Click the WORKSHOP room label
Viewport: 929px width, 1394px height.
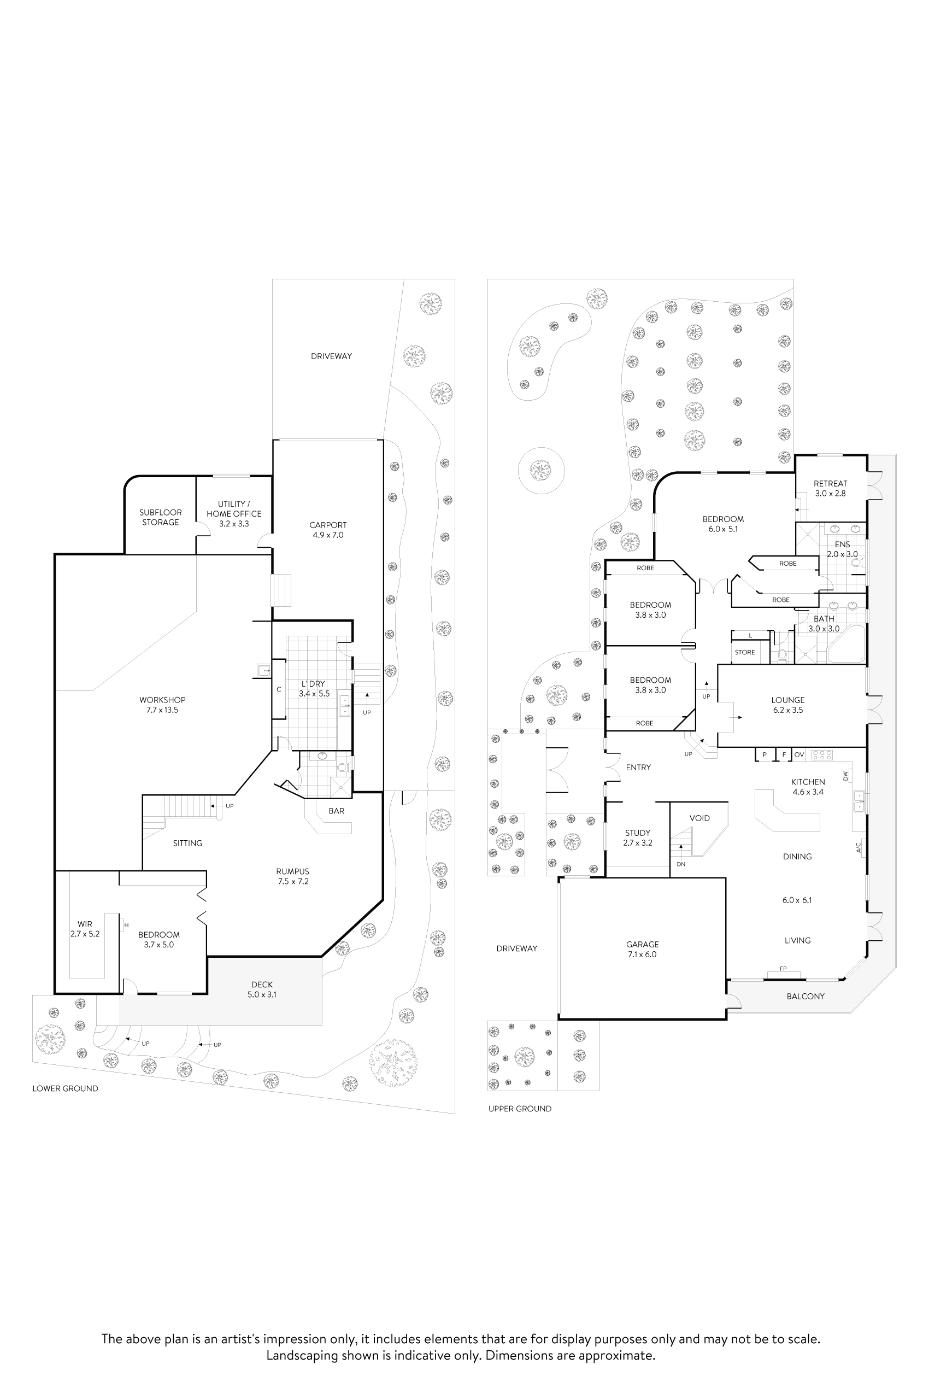click(x=162, y=705)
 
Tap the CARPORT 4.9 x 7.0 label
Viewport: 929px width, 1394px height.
click(x=328, y=530)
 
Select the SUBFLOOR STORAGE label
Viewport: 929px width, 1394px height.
click(x=161, y=517)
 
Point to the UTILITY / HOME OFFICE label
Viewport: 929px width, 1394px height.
click(x=234, y=514)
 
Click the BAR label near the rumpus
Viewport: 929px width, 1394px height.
click(x=337, y=811)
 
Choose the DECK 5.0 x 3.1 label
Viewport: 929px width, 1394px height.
click(x=262, y=990)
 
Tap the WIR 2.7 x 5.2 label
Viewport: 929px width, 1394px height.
click(x=85, y=929)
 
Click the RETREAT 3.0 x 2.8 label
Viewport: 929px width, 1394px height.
click(x=830, y=488)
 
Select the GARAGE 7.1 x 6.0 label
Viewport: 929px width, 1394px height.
click(x=642, y=950)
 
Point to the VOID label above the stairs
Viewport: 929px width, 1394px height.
click(x=699, y=818)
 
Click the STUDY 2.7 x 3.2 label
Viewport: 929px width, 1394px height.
click(x=638, y=837)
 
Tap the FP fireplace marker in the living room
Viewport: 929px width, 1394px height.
click(x=783, y=969)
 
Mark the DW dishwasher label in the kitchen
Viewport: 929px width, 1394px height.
click(x=846, y=775)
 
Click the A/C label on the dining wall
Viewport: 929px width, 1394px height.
click(x=859, y=848)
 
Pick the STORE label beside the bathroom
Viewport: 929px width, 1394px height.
click(x=745, y=652)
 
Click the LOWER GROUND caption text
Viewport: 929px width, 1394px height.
click(x=65, y=1088)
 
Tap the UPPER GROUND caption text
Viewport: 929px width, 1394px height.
click(x=520, y=1108)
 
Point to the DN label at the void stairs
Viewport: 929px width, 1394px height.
click(x=681, y=864)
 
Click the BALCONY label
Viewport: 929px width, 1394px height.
click(x=805, y=997)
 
